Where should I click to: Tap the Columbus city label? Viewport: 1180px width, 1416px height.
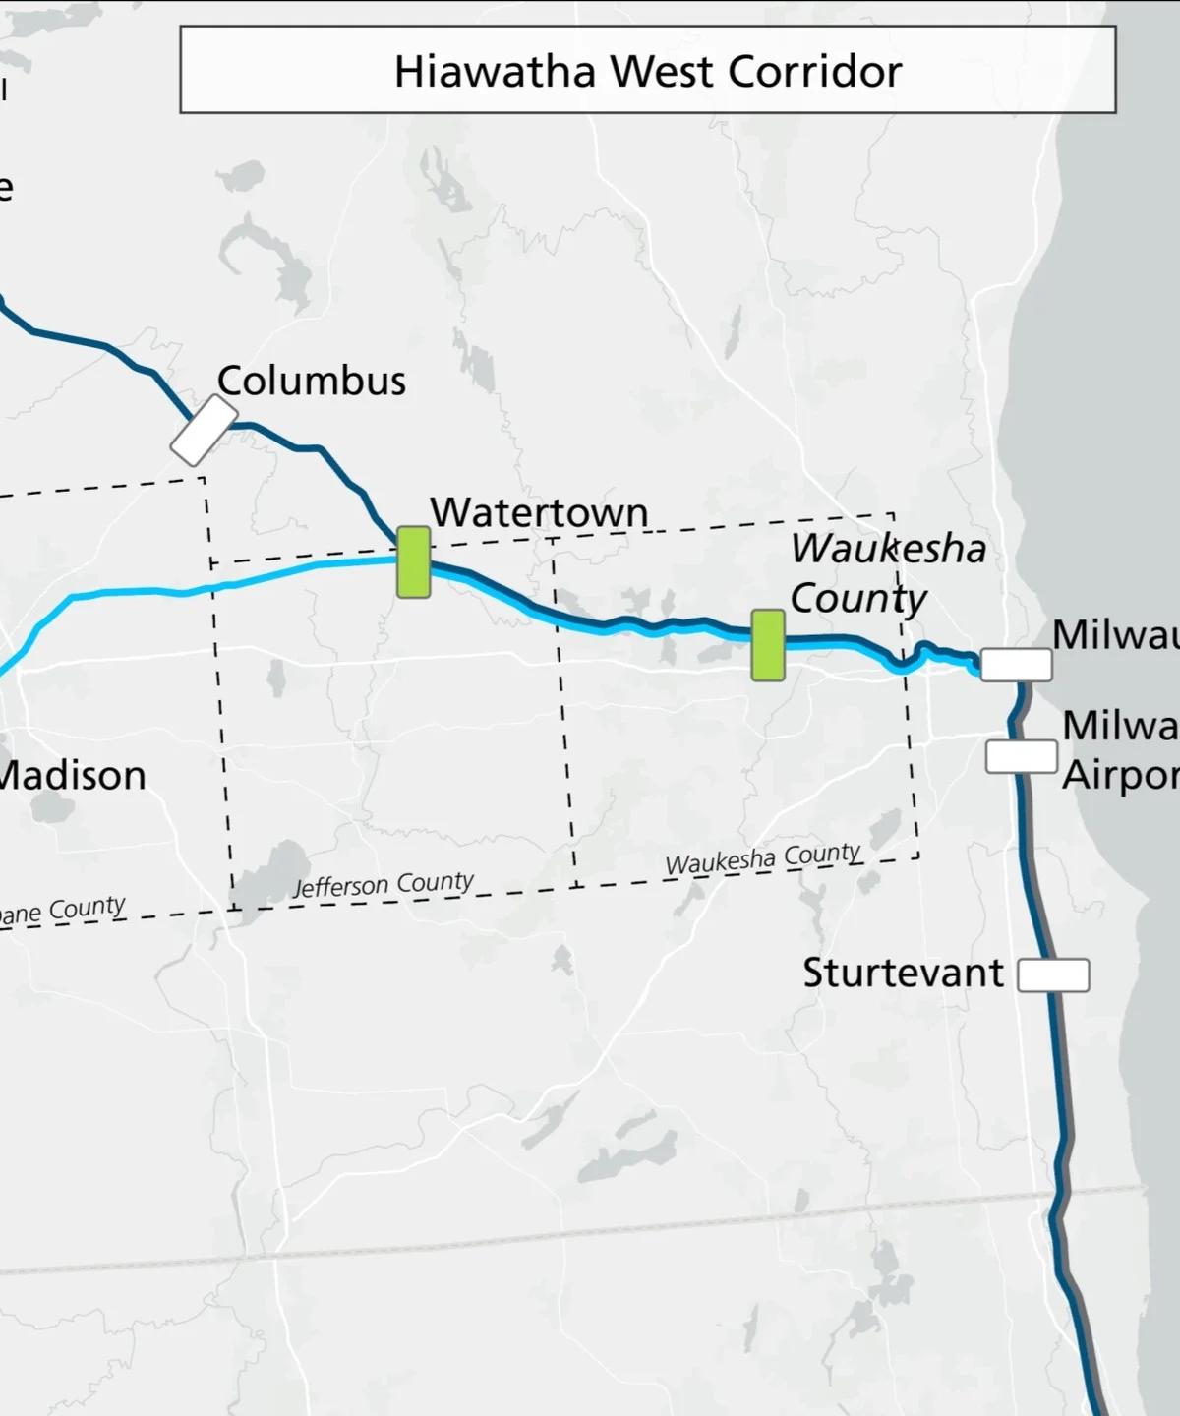coord(311,382)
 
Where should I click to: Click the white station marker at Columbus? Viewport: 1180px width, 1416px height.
coord(204,431)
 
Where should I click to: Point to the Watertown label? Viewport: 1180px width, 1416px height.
coord(539,512)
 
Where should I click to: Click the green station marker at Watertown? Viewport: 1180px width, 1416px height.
coord(413,561)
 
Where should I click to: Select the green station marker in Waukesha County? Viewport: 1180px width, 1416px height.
coord(768,645)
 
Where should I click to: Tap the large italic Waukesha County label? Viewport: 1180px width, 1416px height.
coord(887,573)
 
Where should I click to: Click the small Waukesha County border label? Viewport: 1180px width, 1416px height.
coord(763,858)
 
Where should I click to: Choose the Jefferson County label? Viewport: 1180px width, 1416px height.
coord(383,884)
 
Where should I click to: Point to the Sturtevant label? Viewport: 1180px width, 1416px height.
coord(903,973)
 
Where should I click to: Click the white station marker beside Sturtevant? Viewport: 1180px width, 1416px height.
coord(1053,975)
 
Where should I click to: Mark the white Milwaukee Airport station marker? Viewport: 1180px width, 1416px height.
coord(1022,756)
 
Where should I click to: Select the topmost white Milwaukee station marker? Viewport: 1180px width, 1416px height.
coord(1016,665)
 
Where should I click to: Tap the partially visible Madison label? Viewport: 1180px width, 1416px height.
coord(71,776)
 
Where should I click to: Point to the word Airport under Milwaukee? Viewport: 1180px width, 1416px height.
coord(1120,776)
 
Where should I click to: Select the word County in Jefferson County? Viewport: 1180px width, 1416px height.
coord(436,881)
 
